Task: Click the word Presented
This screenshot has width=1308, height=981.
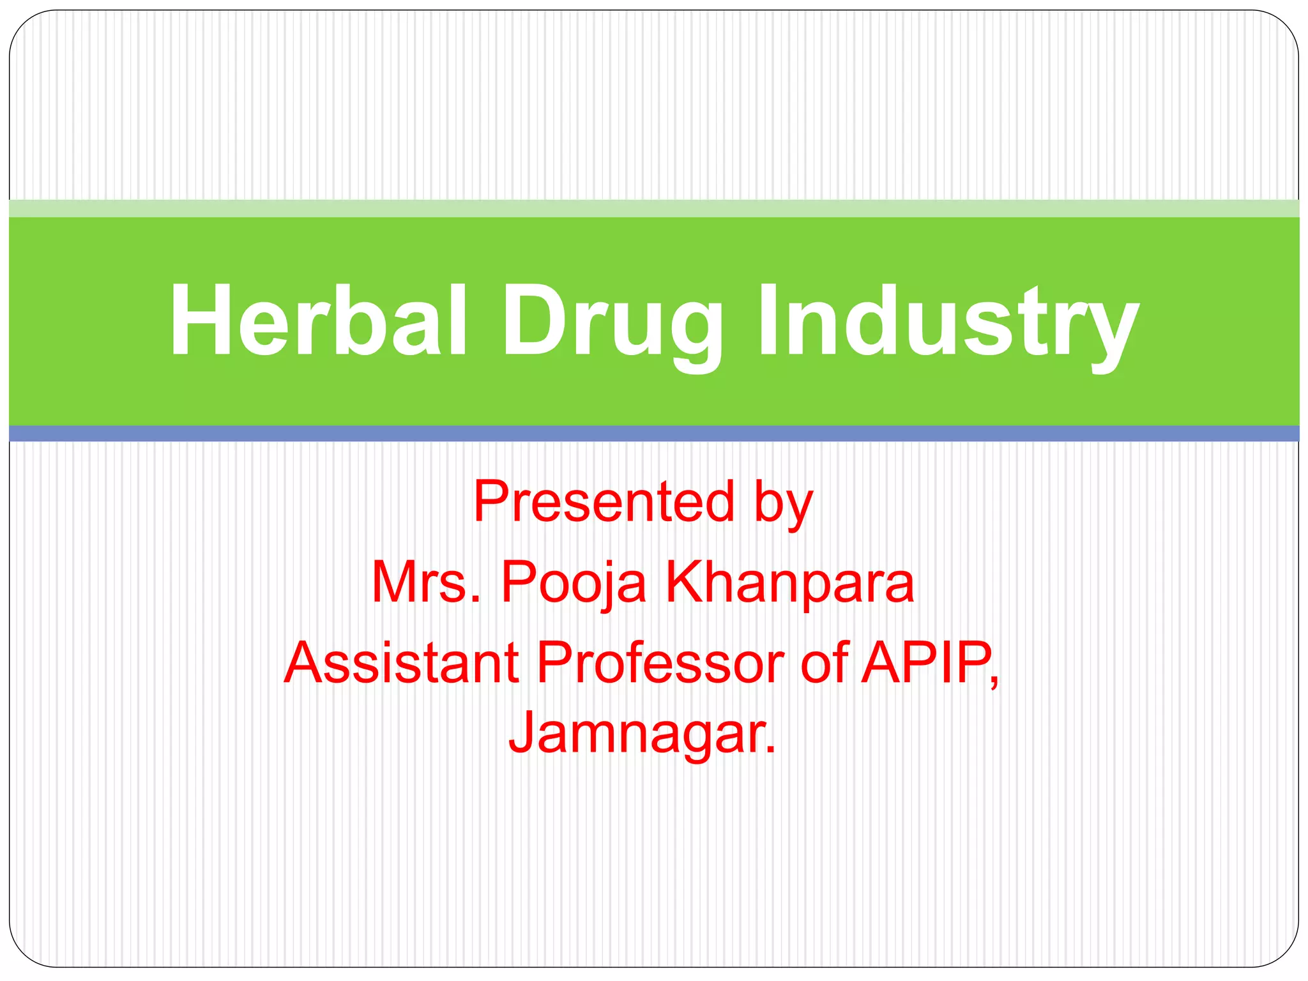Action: (604, 502)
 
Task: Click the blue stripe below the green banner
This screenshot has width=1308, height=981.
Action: (654, 434)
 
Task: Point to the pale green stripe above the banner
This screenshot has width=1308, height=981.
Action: (654, 208)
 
